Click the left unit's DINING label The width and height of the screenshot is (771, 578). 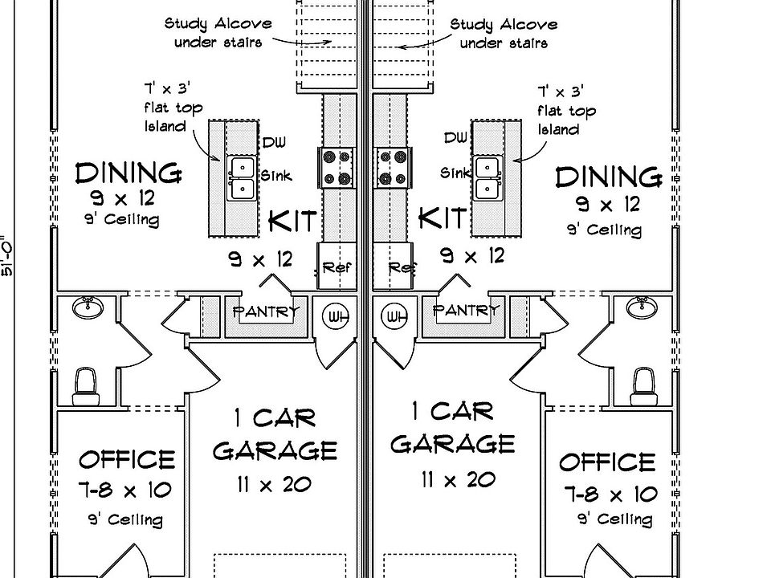128,172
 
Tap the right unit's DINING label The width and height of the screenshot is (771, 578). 608,176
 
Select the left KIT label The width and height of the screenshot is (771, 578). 292,220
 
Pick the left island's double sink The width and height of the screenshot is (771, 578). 241,177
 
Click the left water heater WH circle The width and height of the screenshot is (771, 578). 337,317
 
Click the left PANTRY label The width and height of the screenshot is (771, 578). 266,311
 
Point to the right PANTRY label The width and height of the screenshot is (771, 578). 466,310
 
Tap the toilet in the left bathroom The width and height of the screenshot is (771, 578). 84,385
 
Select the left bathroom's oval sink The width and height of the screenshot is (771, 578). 88,307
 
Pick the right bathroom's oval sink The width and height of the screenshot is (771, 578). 641,306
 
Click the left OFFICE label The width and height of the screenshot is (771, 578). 127,459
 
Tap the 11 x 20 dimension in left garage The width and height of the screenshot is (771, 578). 274,483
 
